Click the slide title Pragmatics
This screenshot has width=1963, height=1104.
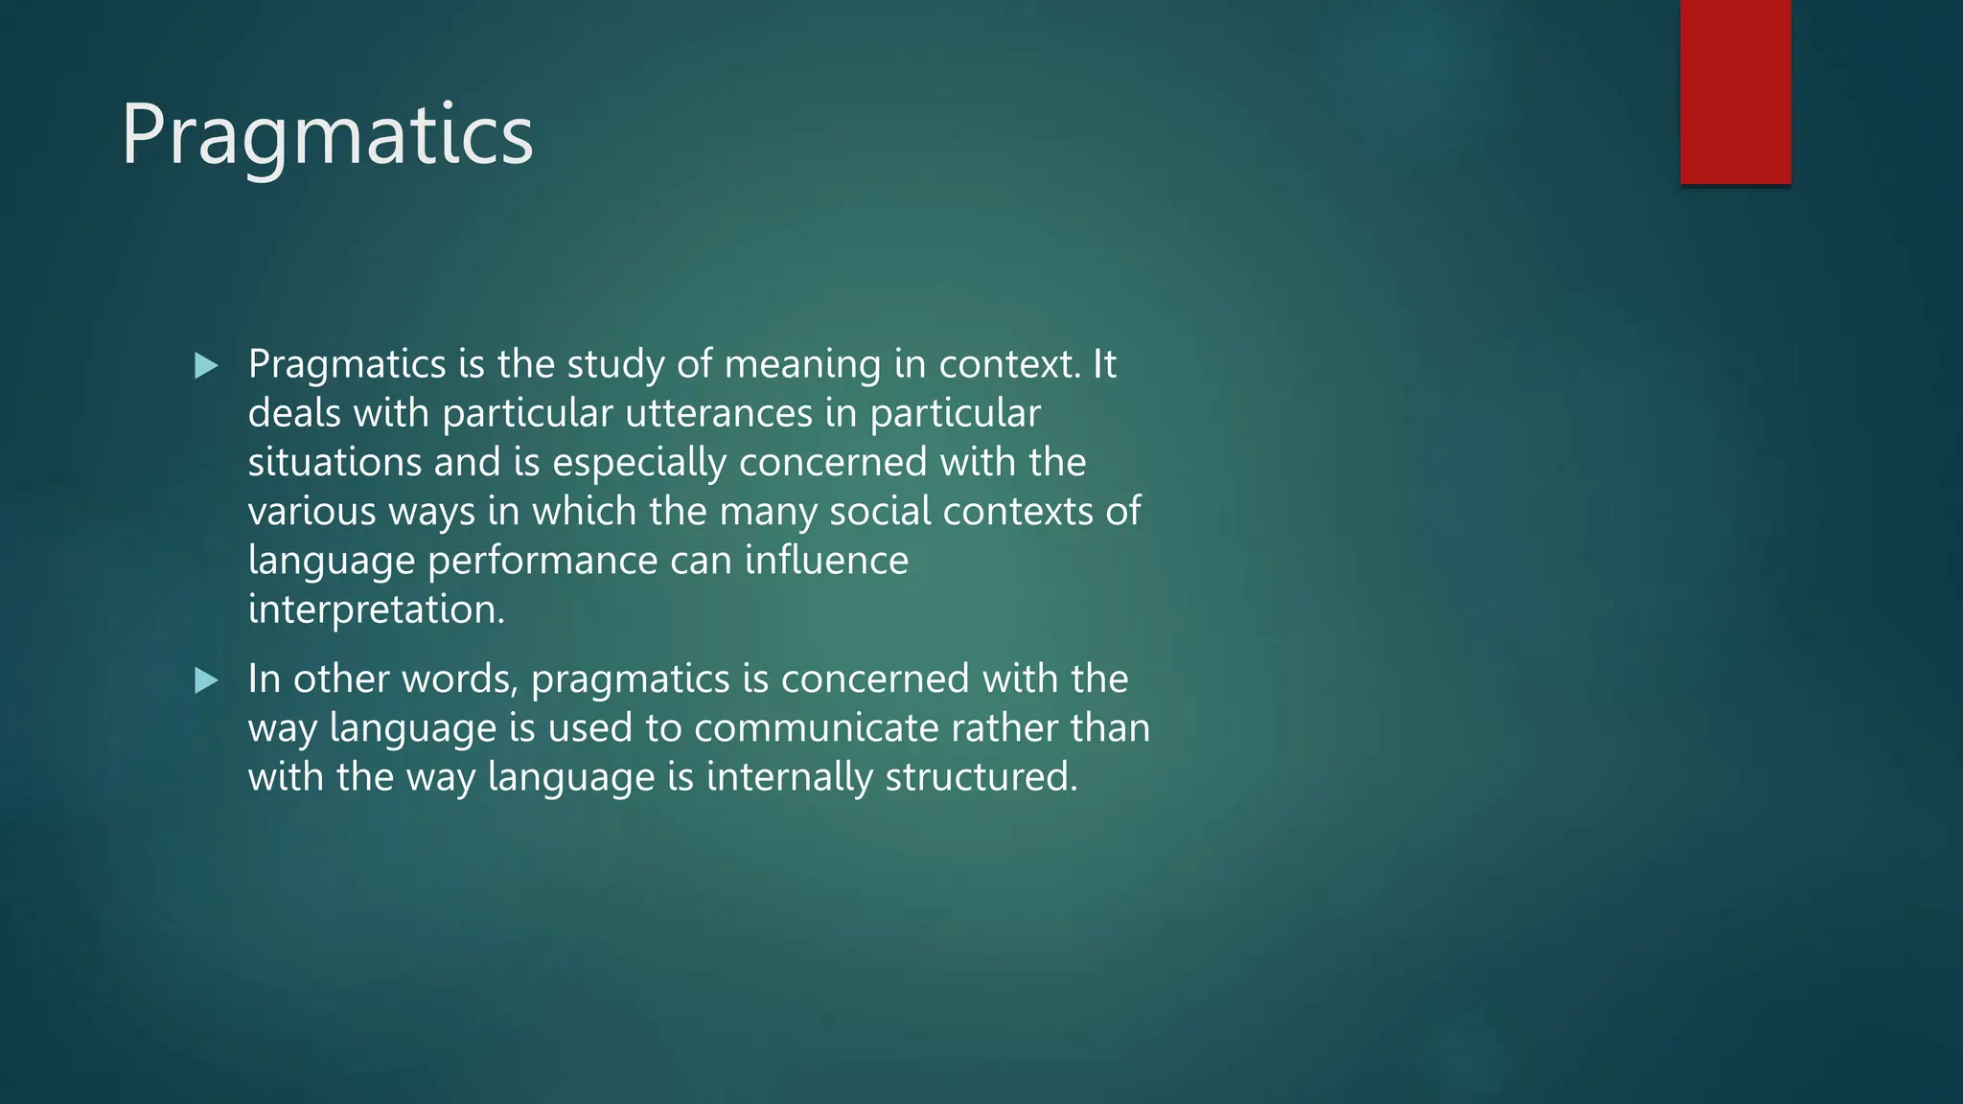[327, 135]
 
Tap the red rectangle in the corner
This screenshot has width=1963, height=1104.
[1735, 92]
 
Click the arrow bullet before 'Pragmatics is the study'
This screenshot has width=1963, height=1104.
[206, 365]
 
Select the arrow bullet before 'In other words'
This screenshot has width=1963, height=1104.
[206, 680]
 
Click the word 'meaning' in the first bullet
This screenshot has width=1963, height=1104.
[802, 365]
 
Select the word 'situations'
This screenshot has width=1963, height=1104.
[335, 463]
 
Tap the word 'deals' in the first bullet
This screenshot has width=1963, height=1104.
[294, 414]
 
